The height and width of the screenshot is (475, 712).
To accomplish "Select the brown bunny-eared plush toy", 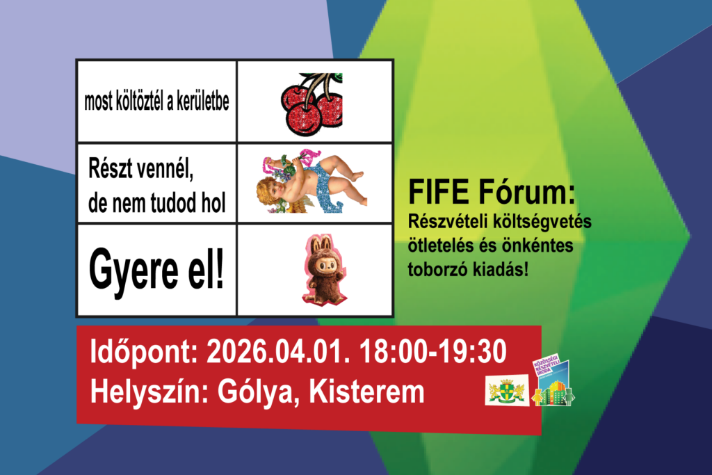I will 321,270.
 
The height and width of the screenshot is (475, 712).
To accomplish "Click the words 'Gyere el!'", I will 157,270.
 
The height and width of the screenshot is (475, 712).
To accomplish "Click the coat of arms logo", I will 505,392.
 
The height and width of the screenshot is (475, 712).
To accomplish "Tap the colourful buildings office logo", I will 552,383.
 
